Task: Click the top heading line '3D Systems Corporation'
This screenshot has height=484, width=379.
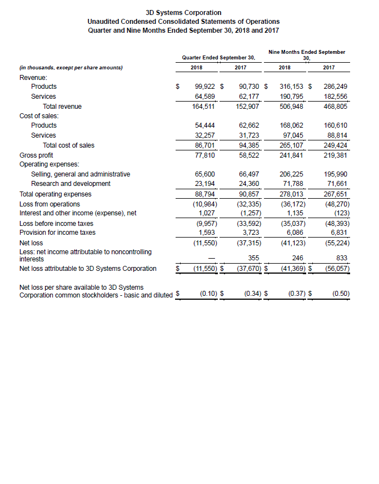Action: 183,12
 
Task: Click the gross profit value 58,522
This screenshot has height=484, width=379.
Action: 247,155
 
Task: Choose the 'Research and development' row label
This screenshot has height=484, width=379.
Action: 71,184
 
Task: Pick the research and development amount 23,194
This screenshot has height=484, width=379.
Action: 206,184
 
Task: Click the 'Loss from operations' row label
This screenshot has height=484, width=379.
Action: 49,204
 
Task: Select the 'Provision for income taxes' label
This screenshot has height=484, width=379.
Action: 57,233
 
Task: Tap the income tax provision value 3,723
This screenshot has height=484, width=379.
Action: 248,233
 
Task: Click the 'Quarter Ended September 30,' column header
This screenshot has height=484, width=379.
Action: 219,58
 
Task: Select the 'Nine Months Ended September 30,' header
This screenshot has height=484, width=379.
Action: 306,54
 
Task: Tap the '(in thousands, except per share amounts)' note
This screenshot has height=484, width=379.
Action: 71,68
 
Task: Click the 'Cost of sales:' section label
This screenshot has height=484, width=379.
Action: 39,115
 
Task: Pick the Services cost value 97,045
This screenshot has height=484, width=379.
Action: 292,135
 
